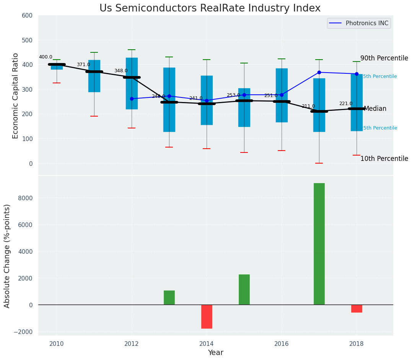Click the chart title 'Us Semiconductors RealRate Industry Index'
(x=210, y=8)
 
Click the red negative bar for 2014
(x=207, y=316)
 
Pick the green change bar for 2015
(x=244, y=289)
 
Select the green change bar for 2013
(x=169, y=297)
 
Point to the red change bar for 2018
(x=357, y=308)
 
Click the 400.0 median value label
(x=46, y=57)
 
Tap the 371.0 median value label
(x=83, y=65)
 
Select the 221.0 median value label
(x=346, y=104)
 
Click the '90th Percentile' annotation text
(x=384, y=58)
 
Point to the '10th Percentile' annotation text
(x=384, y=159)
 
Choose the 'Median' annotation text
(x=375, y=109)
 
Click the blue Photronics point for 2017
(x=319, y=72)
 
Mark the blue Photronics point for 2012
(x=132, y=99)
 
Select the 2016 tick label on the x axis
(x=282, y=343)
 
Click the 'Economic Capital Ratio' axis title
(x=16, y=96)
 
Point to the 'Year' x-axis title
(x=215, y=353)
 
